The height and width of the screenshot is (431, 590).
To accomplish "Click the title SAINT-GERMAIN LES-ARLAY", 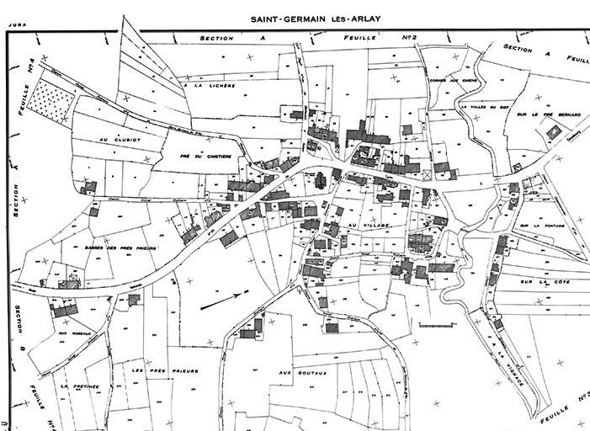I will click(x=312, y=19).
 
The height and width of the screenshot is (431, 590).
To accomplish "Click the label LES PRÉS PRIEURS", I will click(x=165, y=370).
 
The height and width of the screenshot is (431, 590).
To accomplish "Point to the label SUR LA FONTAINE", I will click(x=545, y=226).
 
